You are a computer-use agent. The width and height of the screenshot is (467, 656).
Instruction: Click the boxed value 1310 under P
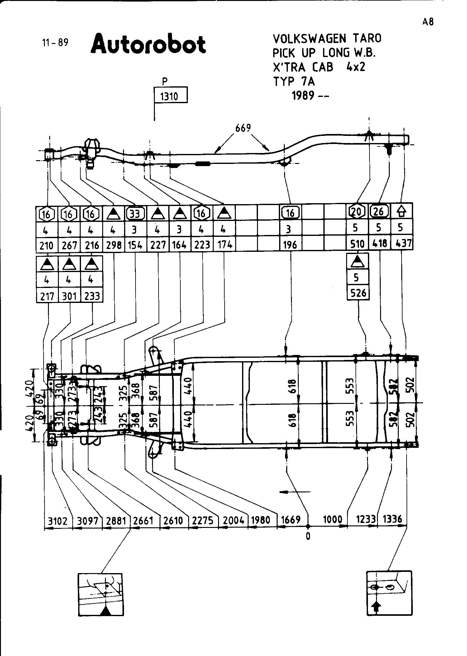171,96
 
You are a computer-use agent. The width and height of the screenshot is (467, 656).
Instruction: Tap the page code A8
428,22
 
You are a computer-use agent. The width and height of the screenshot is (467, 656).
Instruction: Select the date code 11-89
55,42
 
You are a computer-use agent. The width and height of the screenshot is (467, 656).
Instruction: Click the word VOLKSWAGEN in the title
309,39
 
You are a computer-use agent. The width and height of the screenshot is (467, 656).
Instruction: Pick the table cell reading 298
114,245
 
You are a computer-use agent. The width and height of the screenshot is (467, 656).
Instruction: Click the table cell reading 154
136,245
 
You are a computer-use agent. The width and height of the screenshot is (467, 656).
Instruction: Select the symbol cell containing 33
136,214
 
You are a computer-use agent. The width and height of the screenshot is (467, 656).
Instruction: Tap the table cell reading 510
357,244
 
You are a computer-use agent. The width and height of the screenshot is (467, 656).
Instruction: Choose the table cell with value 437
402,243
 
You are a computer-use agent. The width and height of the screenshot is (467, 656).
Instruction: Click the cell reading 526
358,293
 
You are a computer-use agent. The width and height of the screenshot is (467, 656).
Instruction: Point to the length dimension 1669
291,520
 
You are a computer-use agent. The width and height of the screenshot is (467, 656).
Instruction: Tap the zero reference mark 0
308,536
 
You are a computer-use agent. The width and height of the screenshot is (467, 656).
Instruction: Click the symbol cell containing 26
379,212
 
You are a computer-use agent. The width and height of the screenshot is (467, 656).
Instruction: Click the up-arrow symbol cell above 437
402,212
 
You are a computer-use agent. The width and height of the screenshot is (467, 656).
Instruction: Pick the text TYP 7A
294,82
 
